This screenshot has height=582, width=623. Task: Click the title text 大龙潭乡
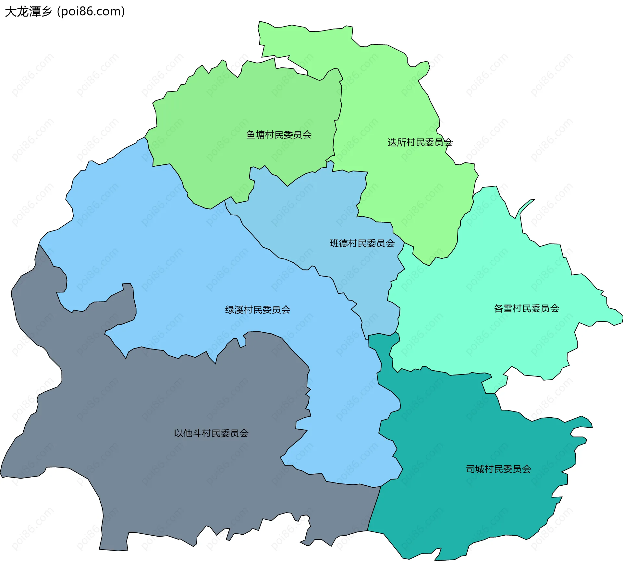pos(29,12)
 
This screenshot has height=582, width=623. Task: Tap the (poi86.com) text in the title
pos(91,12)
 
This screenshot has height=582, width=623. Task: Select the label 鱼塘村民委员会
pos(279,135)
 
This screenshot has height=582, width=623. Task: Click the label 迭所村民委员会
pos(420,142)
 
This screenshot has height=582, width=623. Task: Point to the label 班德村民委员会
pos(362,243)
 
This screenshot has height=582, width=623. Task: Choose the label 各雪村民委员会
pos(526,308)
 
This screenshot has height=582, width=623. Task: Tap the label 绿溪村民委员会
pos(258,310)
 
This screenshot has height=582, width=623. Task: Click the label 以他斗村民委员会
pos(211,433)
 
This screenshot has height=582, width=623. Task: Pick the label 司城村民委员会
pos(498,469)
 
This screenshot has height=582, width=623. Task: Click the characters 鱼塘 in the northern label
pos(255,135)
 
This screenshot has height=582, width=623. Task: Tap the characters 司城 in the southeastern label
pos(475,469)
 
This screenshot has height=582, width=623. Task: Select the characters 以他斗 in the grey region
pos(188,433)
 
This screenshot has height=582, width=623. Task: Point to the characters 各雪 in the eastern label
pos(503,308)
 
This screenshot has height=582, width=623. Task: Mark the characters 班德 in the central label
pos(339,243)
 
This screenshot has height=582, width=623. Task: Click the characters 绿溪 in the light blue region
pos(234,310)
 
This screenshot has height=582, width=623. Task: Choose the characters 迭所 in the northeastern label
pos(397,142)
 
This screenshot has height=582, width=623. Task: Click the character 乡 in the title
pos(46,12)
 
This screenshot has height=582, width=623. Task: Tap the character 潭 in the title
pos(35,12)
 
